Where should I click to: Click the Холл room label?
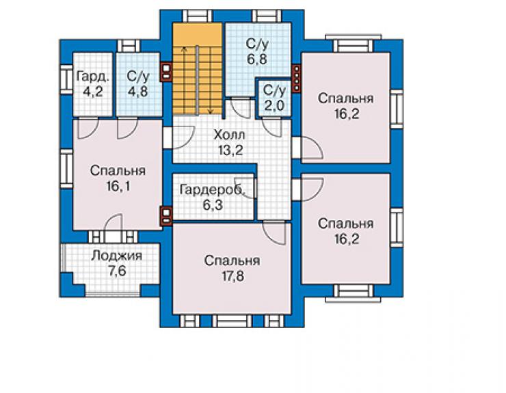click(229, 135)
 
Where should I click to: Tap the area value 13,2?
click(230, 150)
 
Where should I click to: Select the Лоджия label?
click(116, 256)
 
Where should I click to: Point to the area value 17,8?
click(232, 276)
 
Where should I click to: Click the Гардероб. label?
click(213, 190)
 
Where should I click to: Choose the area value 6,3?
click(213, 205)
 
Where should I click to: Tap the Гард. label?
click(93, 77)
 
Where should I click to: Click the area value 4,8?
click(138, 92)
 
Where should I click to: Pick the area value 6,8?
click(257, 59)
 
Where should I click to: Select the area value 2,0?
click(274, 106)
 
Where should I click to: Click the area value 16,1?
click(118, 186)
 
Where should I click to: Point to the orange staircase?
click(198, 68)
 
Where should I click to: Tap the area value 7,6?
click(117, 271)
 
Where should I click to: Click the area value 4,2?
click(93, 92)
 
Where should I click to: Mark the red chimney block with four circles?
click(296, 78)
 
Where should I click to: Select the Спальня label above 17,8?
click(232, 260)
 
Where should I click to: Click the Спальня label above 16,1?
click(118, 171)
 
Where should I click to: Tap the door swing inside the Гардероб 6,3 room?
click(246, 187)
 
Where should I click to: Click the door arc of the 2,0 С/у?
click(271, 127)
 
